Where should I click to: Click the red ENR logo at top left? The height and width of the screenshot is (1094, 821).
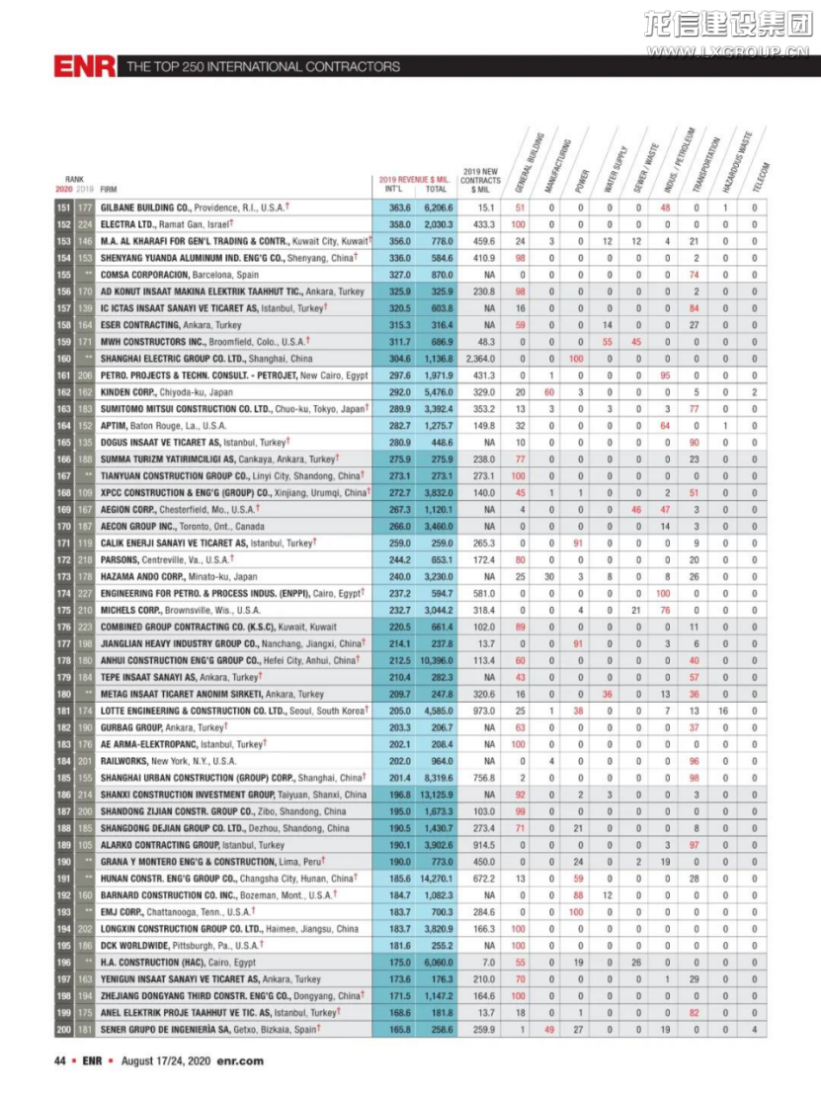[x=86, y=66]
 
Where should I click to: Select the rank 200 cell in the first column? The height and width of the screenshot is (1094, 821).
[x=64, y=1029]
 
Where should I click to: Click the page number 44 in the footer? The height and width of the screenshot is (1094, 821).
[x=59, y=1061]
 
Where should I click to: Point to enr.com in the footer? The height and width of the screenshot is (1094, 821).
[x=240, y=1061]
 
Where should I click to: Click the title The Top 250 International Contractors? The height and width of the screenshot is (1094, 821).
[x=263, y=67]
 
